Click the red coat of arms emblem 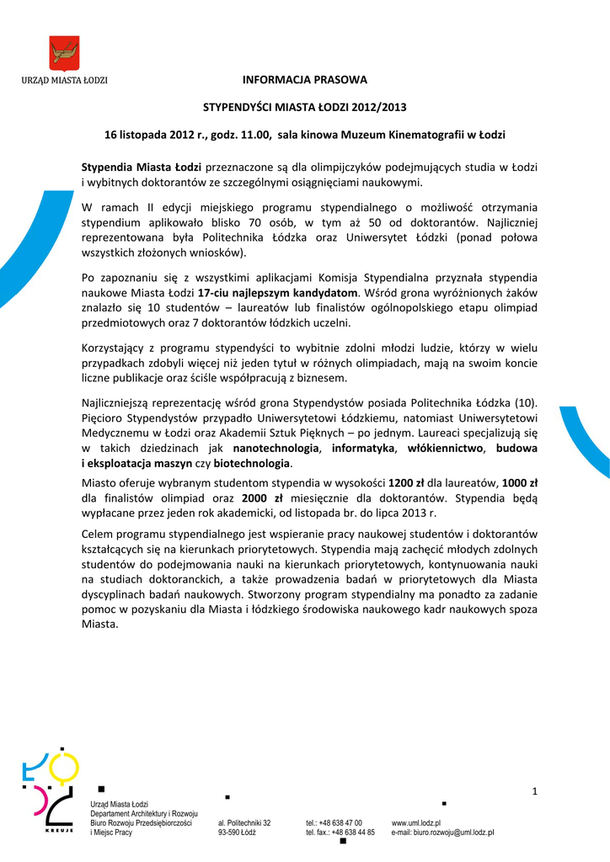[x=64, y=54]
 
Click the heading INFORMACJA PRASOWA [x=305, y=80]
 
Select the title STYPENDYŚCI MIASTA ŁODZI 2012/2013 [x=305, y=107]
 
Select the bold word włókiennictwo [x=445, y=448]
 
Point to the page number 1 [x=534, y=789]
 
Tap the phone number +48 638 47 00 [x=346, y=822]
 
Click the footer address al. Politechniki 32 [x=244, y=822]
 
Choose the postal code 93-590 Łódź [x=237, y=833]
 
